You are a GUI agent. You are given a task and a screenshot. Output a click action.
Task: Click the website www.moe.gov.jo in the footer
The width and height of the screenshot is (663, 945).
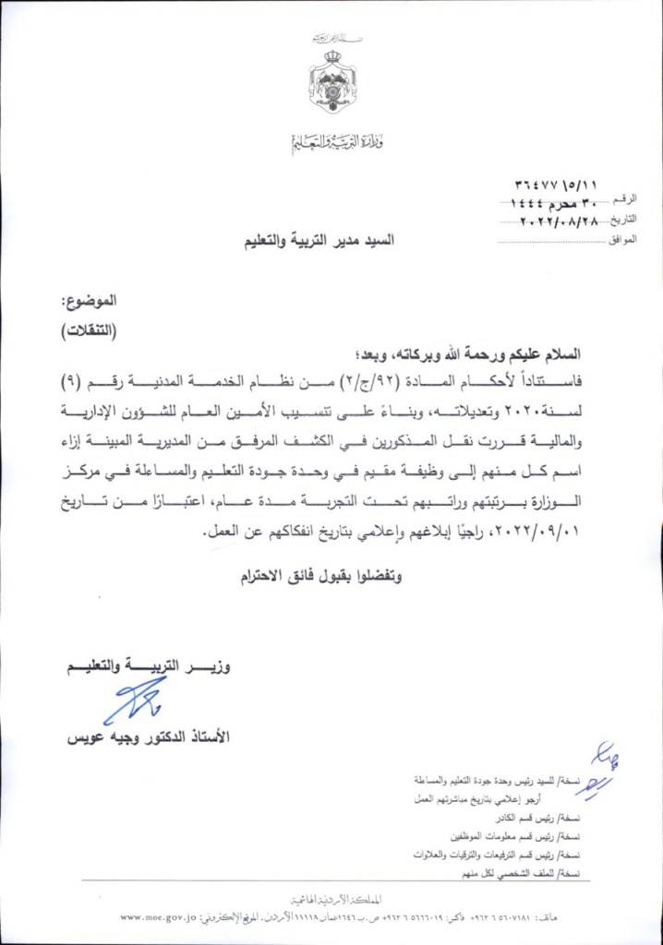[x=163, y=917]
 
